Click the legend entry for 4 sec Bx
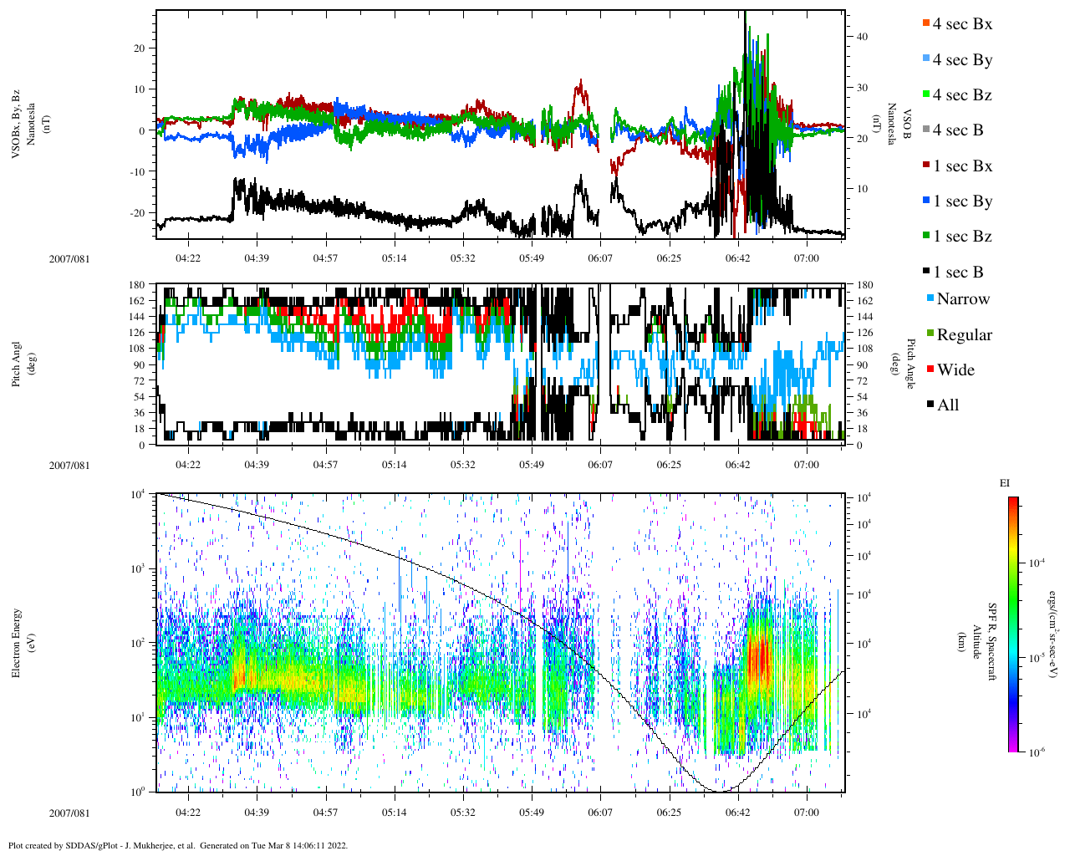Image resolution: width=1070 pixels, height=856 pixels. click(x=962, y=24)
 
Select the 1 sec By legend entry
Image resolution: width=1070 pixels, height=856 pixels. click(x=962, y=201)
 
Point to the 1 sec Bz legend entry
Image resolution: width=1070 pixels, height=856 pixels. click(x=962, y=237)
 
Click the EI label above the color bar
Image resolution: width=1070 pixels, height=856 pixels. click(x=1005, y=483)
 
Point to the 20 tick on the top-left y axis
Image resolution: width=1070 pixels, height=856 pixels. click(x=140, y=48)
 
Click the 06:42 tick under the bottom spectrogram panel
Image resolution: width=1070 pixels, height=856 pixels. click(x=737, y=813)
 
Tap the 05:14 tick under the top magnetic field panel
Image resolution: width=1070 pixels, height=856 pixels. click(x=395, y=258)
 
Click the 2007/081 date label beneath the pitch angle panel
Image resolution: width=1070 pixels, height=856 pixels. click(x=69, y=466)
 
